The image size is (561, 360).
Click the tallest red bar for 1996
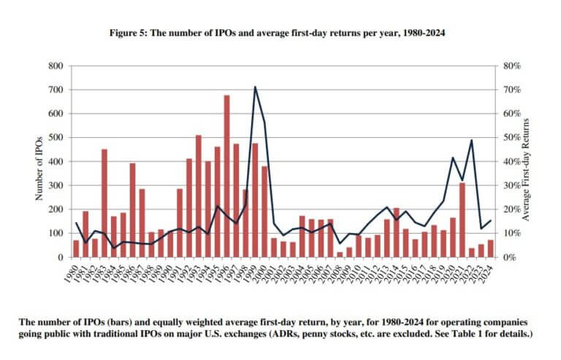(226, 176)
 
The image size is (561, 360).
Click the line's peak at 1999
(255, 87)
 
